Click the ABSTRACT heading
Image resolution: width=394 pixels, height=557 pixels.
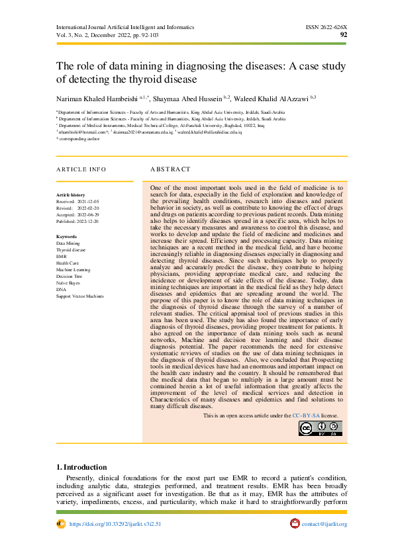coord(170,169)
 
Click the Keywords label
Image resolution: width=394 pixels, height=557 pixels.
coord(67,237)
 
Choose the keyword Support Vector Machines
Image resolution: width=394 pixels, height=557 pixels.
coord(80,296)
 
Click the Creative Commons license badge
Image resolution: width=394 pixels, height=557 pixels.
coord(320,429)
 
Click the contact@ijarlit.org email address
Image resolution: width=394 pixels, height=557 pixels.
coord(324,524)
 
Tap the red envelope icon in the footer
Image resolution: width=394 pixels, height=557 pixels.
coord(295,524)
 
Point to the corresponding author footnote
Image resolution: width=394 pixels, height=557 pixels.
coord(80,139)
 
